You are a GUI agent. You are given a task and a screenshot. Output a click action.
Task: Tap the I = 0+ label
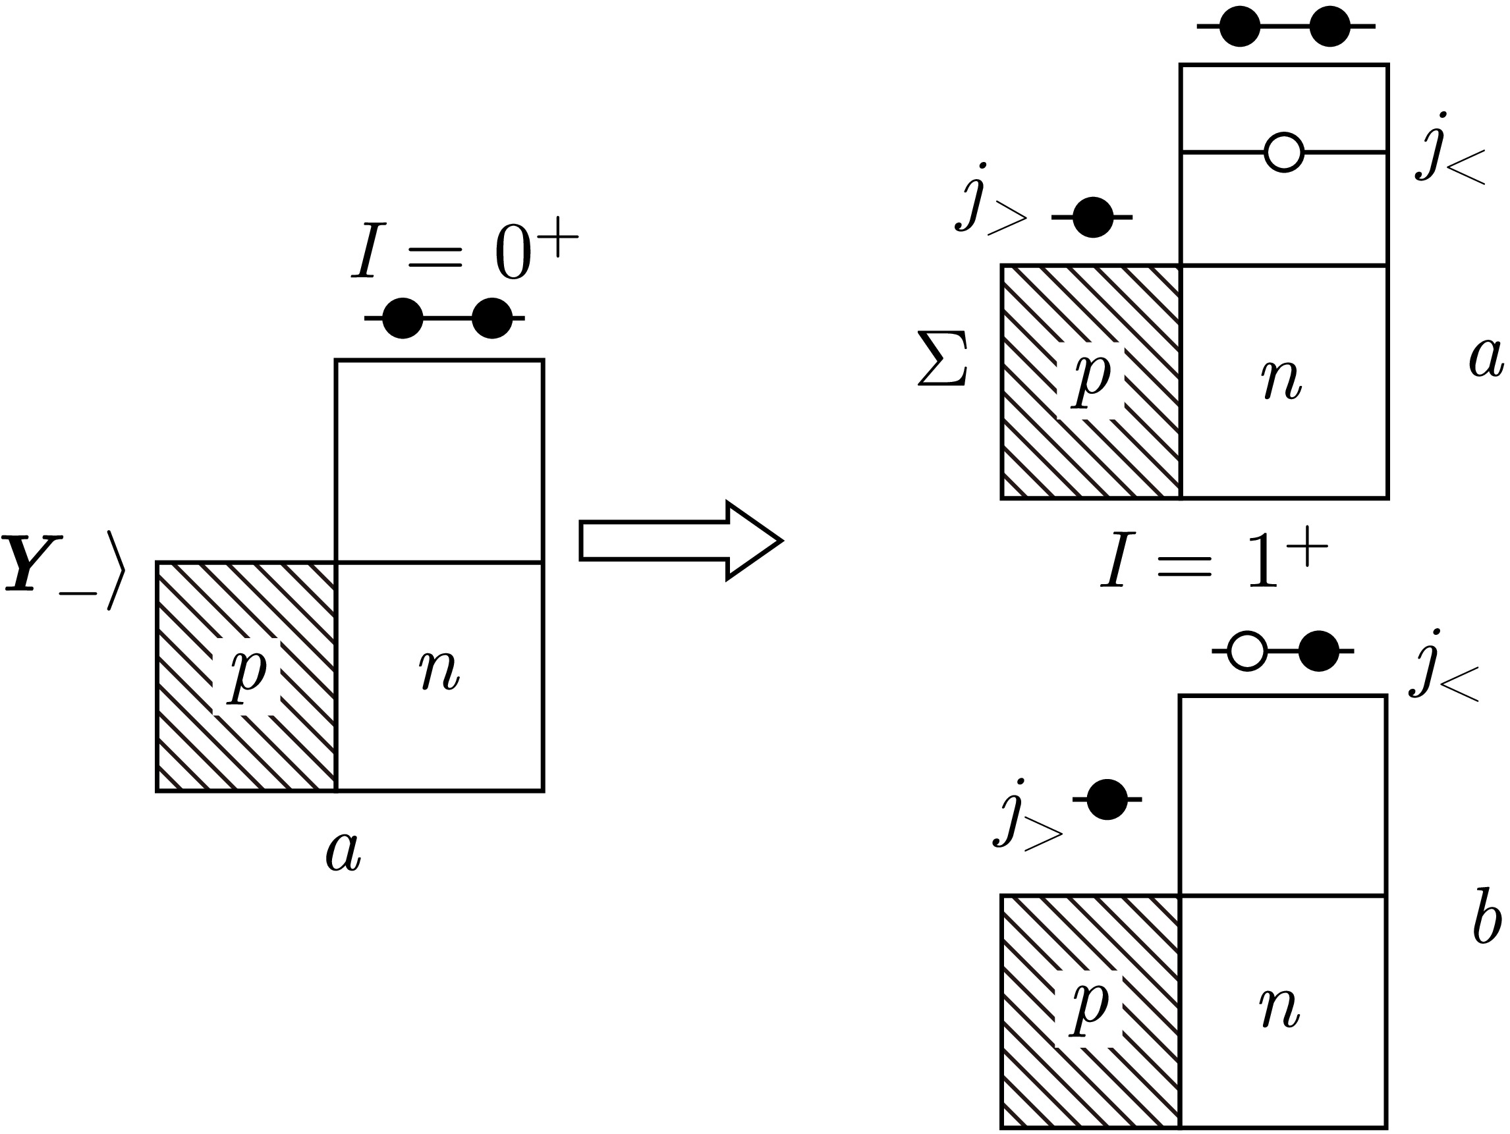tap(464, 252)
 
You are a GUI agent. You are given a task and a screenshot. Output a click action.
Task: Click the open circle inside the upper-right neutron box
tap(1283, 152)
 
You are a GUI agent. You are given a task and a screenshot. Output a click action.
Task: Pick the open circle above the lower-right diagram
tap(1247, 651)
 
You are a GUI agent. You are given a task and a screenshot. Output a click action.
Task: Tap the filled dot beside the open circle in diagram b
tap(1318, 651)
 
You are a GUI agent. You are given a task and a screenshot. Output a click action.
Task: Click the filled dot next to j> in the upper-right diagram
tap(1092, 217)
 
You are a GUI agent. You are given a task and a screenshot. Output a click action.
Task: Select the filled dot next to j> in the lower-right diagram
tap(1107, 799)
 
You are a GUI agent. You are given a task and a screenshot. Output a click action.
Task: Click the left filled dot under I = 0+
tap(403, 318)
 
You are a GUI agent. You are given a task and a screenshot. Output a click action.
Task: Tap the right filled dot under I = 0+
tap(491, 318)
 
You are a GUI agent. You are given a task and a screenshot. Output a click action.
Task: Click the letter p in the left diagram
tap(246, 676)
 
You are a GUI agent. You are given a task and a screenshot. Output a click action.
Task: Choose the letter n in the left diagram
tap(439, 670)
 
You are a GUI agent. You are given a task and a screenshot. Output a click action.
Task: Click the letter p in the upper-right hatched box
tap(1091, 379)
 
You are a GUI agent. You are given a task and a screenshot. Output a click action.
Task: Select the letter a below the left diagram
tap(343, 853)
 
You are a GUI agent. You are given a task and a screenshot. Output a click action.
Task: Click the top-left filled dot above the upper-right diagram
tap(1239, 26)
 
